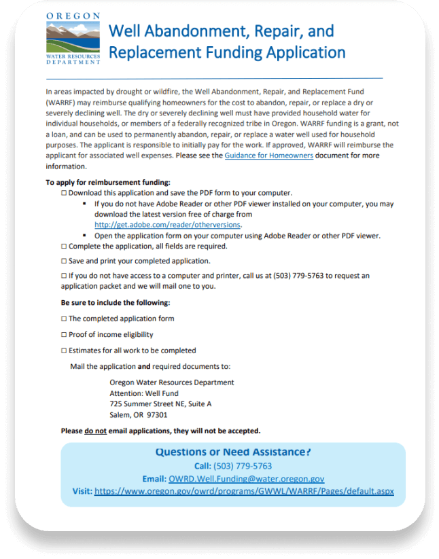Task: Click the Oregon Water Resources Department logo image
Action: coord(73,38)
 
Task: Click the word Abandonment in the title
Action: coord(175,31)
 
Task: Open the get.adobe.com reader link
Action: coord(168,225)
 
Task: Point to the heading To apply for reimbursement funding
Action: coord(107,182)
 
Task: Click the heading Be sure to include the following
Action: coord(115,302)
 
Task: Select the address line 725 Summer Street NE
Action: coord(160,403)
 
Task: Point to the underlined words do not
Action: coord(95,431)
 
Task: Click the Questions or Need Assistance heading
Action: coord(232,452)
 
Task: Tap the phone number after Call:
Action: coord(243,466)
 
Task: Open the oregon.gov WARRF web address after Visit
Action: coord(244,491)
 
